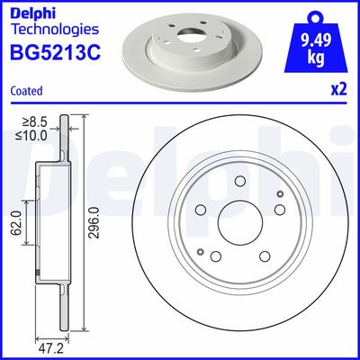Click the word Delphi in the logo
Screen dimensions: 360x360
click(31, 13)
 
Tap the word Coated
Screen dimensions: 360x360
click(27, 91)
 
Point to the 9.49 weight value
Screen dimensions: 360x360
click(315, 40)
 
